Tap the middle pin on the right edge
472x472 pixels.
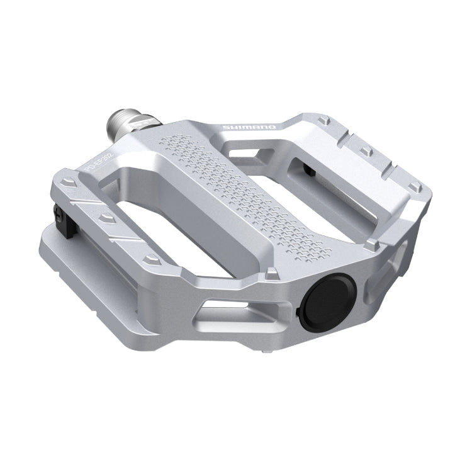[x=364, y=152]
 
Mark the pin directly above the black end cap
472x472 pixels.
[x=271, y=273]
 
